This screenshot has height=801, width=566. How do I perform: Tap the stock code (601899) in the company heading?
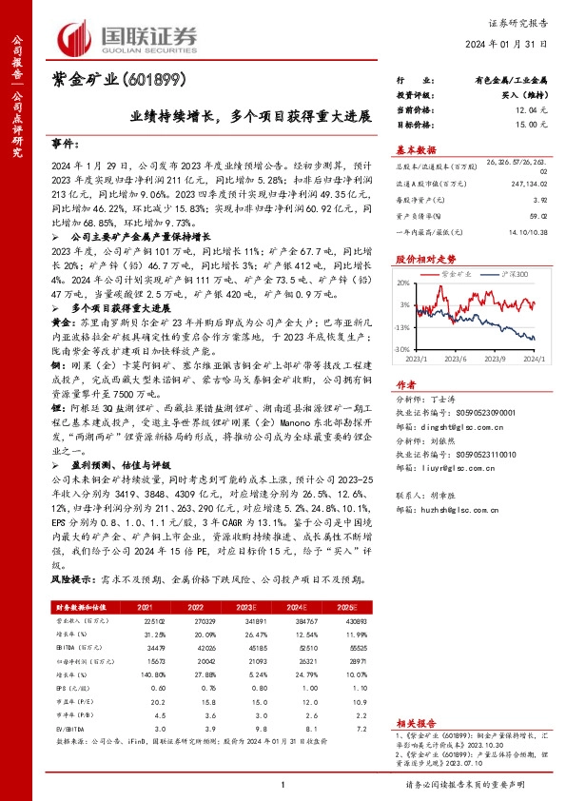156,81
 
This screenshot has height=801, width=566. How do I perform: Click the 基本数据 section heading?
416,150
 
